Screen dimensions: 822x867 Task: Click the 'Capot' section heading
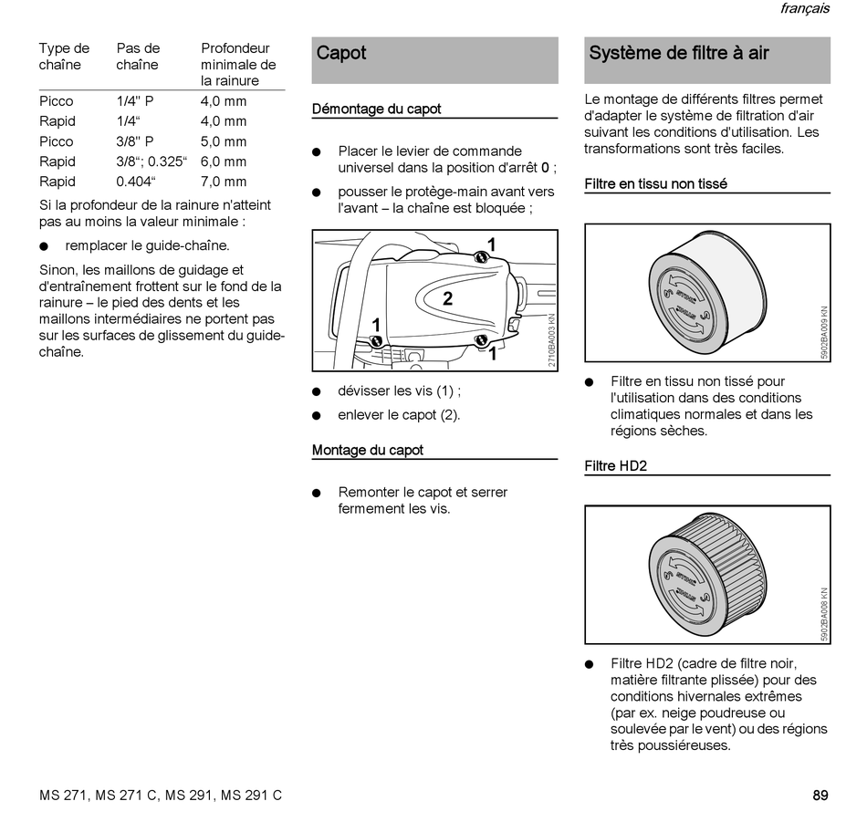pyautogui.click(x=341, y=53)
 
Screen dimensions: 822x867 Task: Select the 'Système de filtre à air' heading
pyautogui.click(x=678, y=53)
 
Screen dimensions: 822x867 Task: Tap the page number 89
pyautogui.click(x=820, y=796)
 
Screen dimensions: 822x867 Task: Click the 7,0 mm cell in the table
pyautogui.click(x=224, y=182)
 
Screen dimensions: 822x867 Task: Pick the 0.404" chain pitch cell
pyautogui.click(x=136, y=182)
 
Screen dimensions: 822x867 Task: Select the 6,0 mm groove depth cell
pyautogui.click(x=224, y=161)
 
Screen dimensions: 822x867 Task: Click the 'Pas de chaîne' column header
pyautogui.click(x=138, y=57)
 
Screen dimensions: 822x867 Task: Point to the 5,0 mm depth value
pyautogui.click(x=224, y=141)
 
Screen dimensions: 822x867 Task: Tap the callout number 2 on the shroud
pyautogui.click(x=448, y=298)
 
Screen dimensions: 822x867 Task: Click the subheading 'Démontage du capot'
pyautogui.click(x=376, y=109)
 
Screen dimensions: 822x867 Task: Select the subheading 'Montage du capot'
pyautogui.click(x=368, y=451)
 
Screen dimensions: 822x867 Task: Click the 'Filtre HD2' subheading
pyautogui.click(x=615, y=466)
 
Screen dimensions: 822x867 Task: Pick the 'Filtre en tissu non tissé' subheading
pyautogui.click(x=655, y=184)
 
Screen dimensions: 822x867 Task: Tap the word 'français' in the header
pyautogui.click(x=804, y=9)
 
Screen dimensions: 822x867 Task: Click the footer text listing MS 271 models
pyautogui.click(x=161, y=796)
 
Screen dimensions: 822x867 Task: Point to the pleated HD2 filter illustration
pyautogui.click(x=698, y=574)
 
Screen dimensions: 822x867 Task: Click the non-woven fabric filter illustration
pyautogui.click(x=698, y=292)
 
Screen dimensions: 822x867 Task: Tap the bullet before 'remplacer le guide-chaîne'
pyautogui.click(x=44, y=246)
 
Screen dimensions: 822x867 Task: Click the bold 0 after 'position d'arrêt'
pyautogui.click(x=545, y=168)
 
